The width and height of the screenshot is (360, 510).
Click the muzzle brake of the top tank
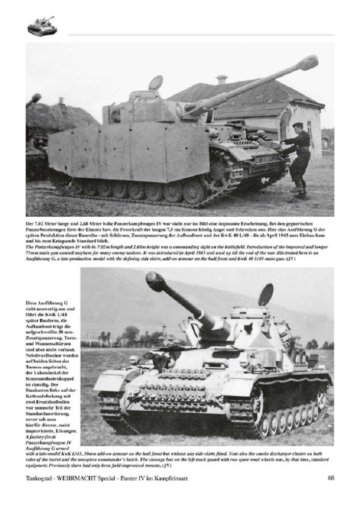point(308,63)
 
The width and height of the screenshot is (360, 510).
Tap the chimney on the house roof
point(221,80)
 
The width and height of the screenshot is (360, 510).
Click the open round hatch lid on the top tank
point(156,83)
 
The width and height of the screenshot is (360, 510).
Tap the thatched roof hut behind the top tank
point(61,116)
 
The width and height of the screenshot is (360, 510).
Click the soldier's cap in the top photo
point(297,125)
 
